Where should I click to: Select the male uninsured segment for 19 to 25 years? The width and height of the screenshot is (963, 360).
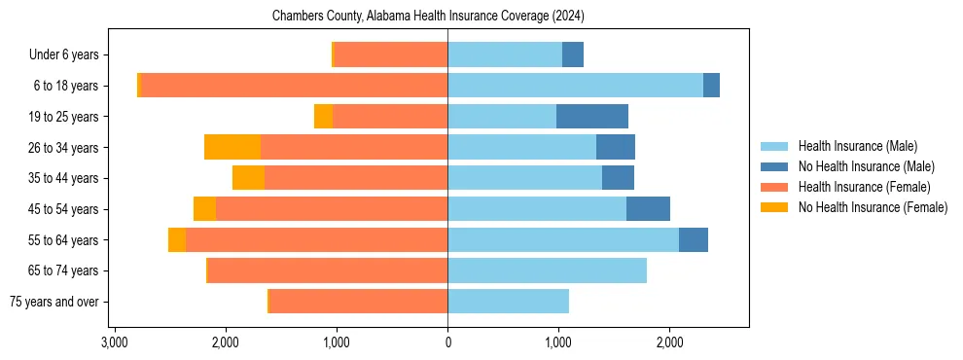click(x=591, y=117)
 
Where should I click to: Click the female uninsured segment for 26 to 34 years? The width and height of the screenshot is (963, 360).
click(x=232, y=147)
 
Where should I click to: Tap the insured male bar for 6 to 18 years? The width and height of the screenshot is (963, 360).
click(x=575, y=86)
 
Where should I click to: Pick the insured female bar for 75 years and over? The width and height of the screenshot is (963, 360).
click(x=358, y=302)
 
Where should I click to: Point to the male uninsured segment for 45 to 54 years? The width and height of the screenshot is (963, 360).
click(x=648, y=209)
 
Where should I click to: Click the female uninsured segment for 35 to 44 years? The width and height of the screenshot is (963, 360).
click(x=248, y=178)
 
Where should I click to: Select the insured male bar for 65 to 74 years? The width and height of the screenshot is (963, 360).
click(x=547, y=270)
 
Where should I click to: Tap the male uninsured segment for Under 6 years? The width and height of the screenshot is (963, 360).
click(x=573, y=54)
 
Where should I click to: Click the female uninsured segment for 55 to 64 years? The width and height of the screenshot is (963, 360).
click(x=177, y=240)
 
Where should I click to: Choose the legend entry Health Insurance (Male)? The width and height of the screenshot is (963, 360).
click(x=857, y=146)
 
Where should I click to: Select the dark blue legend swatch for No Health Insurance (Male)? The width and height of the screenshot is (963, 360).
click(x=774, y=166)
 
